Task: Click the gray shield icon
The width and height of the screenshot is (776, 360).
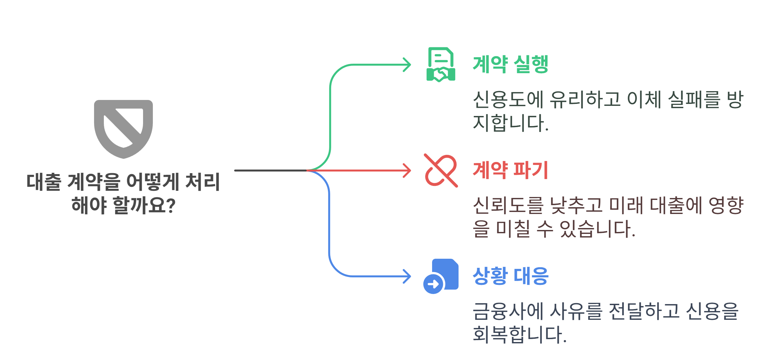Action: (123, 129)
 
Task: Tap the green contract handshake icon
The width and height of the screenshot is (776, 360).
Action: (441, 65)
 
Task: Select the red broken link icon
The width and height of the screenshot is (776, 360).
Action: (441, 171)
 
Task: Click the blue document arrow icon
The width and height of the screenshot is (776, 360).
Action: (441, 276)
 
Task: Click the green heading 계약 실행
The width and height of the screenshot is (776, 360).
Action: (510, 64)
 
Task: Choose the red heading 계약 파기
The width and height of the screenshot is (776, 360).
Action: (510, 170)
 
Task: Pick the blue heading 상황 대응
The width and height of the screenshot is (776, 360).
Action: (510, 276)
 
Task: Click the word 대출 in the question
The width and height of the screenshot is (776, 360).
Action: (44, 182)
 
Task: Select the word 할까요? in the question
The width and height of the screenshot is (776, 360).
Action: (144, 205)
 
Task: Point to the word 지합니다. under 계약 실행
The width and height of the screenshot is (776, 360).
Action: (510, 123)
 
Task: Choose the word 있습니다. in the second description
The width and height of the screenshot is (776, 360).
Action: (597, 229)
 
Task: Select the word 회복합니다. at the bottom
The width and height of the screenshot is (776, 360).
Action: (519, 335)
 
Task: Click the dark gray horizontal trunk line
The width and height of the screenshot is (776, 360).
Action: (270, 171)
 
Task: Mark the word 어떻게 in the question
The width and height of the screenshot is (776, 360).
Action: (152, 182)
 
